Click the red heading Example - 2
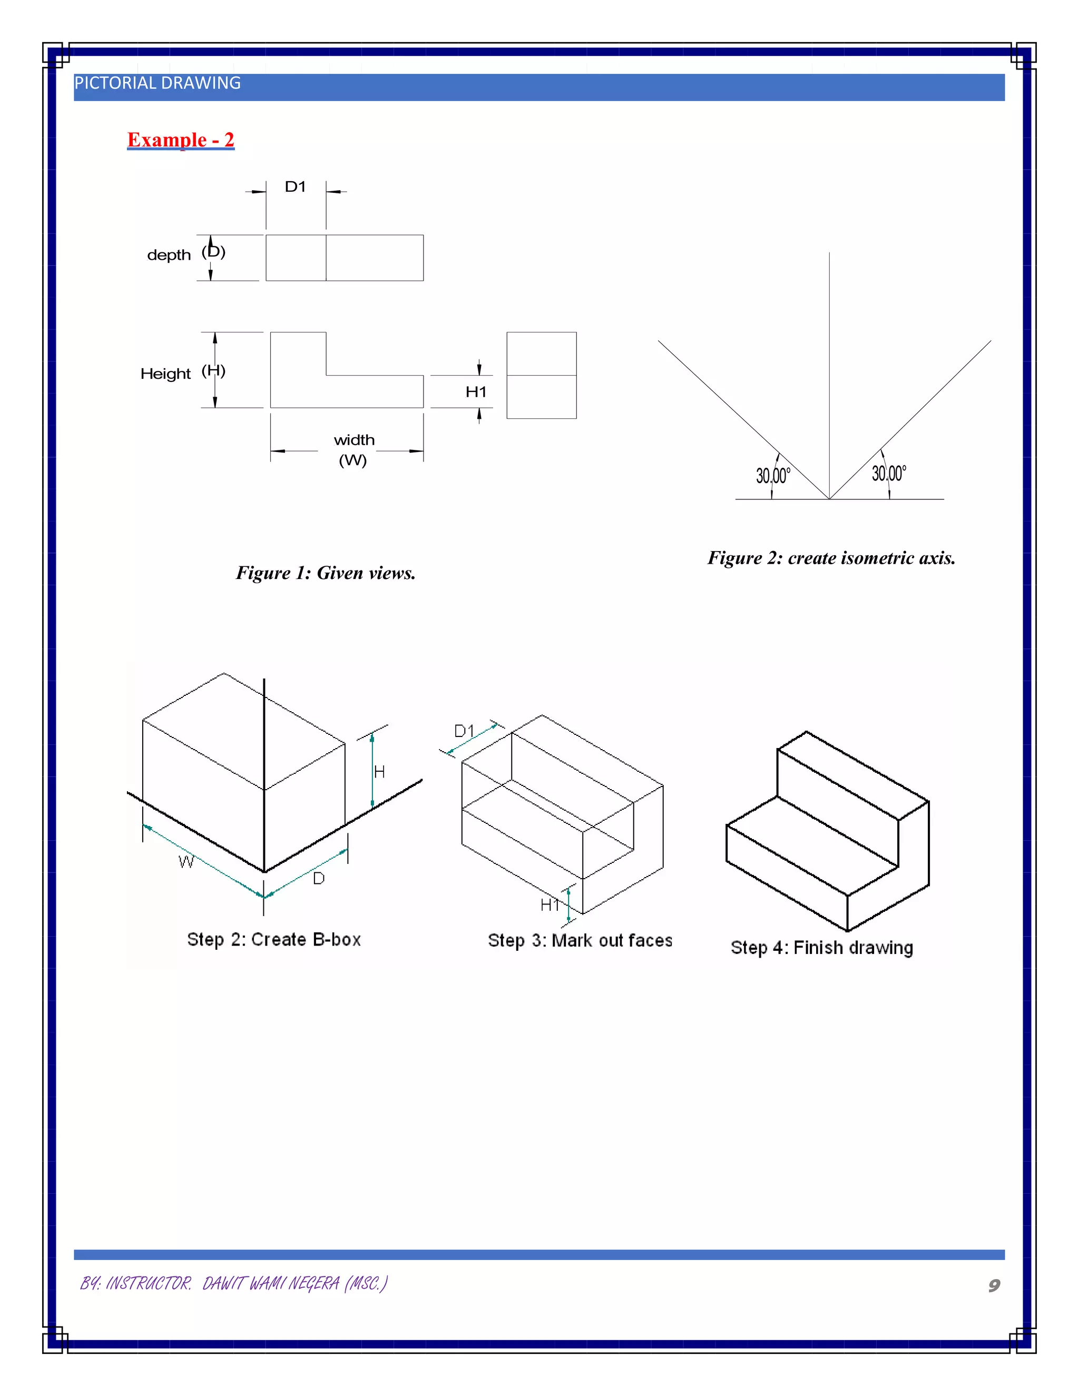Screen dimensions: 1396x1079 [x=180, y=140]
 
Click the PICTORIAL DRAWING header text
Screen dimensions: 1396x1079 [x=157, y=83]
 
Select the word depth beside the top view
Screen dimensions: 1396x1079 [x=169, y=255]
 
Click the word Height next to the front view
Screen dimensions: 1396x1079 [x=165, y=374]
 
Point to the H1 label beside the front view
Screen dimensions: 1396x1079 [x=476, y=392]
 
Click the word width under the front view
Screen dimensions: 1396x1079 [x=354, y=440]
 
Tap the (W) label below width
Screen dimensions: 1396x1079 [x=353, y=460]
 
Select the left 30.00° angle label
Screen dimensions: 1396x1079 [x=773, y=476]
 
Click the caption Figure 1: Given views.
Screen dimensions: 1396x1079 [x=326, y=573]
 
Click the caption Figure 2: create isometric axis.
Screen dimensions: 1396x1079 [x=831, y=558]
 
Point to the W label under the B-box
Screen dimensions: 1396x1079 [x=185, y=862]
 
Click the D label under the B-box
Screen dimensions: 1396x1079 [x=318, y=879]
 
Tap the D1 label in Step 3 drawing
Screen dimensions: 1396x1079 [x=464, y=731]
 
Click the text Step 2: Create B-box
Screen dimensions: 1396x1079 [x=273, y=940]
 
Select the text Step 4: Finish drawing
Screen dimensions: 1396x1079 [x=821, y=948]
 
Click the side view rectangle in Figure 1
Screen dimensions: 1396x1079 [x=542, y=375]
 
